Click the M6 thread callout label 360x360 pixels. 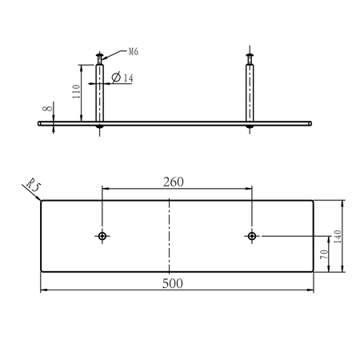coord(134,51)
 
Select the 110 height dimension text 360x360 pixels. coord(76,91)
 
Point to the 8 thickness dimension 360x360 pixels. coord(47,108)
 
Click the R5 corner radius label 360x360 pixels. coord(34,184)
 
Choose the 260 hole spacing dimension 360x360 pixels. coord(174,182)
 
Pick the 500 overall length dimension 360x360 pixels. coord(173,283)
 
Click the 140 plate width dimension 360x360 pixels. coord(338,236)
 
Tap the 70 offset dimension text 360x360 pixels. coord(324,254)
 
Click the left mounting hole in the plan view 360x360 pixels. coord(102,236)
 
